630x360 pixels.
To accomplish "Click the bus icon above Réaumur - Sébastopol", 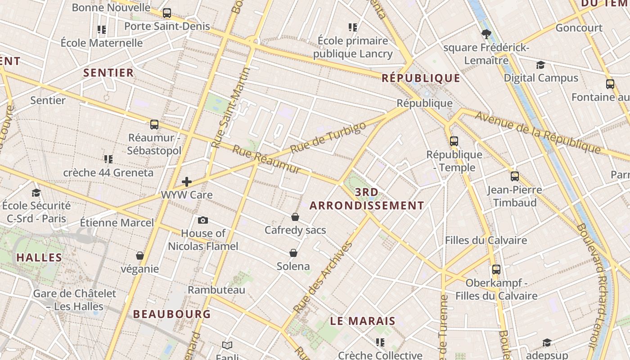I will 154,125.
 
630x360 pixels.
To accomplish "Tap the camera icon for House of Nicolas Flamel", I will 203,220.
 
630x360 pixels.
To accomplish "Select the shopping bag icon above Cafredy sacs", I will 295,217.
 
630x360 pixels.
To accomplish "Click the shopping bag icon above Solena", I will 293,253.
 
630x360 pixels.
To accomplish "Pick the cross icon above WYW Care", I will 187,182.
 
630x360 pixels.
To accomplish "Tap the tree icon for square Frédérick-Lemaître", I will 486,34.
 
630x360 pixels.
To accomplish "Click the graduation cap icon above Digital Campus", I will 540,65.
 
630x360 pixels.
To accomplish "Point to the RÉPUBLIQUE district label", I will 421,78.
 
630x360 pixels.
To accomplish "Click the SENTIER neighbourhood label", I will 108,73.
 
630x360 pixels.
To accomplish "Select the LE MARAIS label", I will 363,321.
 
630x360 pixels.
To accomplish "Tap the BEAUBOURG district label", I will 172,314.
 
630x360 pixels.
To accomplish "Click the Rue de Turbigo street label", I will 328,137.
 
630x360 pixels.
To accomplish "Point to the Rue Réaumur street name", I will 266,159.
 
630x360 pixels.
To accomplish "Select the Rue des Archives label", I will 323,277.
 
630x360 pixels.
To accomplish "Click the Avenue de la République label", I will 538,132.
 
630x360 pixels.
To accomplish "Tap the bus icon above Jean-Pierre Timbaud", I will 515,176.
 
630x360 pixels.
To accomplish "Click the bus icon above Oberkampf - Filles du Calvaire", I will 496,270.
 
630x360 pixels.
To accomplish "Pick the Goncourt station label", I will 579,28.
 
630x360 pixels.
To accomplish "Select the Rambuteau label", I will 216,290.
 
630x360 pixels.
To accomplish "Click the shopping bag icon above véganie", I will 140,256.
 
